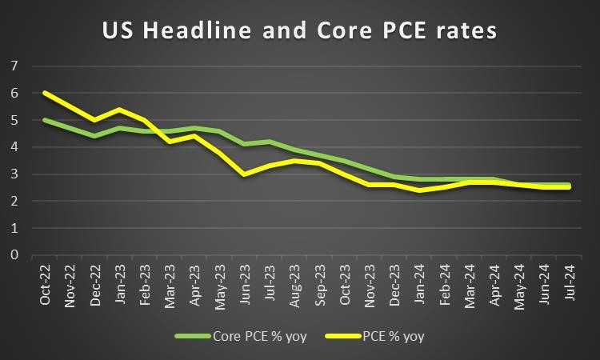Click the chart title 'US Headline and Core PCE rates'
pos(299,31)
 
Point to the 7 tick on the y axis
pos(14,66)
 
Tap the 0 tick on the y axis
pos(14,255)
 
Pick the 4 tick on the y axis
pos(14,147)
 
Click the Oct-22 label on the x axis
pos(46,284)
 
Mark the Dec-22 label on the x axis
pos(96,284)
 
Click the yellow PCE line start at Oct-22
pos(45,93)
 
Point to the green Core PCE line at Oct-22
pos(45,120)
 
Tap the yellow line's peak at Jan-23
pos(119,109)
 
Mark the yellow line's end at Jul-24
pos(568,187)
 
